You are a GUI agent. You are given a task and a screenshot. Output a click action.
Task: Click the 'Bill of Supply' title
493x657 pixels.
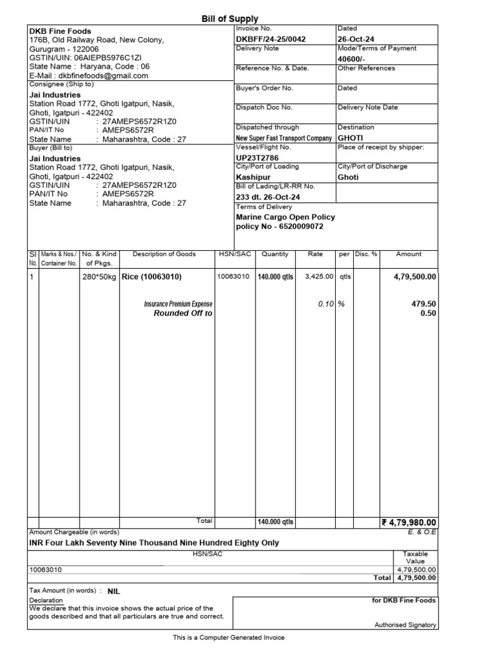[x=230, y=19]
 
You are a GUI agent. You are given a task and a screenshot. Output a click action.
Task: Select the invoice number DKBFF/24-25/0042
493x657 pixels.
[x=271, y=39]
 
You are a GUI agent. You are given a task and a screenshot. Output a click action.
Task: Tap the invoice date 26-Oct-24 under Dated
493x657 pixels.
[x=356, y=39]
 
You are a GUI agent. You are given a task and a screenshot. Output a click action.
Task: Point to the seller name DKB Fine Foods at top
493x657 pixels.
[x=60, y=31]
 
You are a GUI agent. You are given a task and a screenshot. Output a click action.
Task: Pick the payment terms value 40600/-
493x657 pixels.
[x=352, y=58]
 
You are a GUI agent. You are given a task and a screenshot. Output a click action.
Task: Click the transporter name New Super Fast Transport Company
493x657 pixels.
[x=284, y=138]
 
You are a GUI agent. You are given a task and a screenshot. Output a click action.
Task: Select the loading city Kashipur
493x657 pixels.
[x=254, y=176]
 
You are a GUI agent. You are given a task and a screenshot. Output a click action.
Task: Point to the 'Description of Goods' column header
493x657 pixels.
[x=164, y=254]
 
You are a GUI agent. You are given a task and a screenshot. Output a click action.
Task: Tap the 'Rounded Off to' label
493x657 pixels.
[x=183, y=313]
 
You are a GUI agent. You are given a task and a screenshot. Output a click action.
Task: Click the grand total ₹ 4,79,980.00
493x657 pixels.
[x=409, y=522]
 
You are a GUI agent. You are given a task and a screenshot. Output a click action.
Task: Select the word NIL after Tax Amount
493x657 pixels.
[x=114, y=590]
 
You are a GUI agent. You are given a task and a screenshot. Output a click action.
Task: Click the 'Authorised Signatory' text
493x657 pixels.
[x=405, y=625]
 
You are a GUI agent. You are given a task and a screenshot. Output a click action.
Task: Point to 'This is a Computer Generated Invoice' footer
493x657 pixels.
[x=229, y=638]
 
